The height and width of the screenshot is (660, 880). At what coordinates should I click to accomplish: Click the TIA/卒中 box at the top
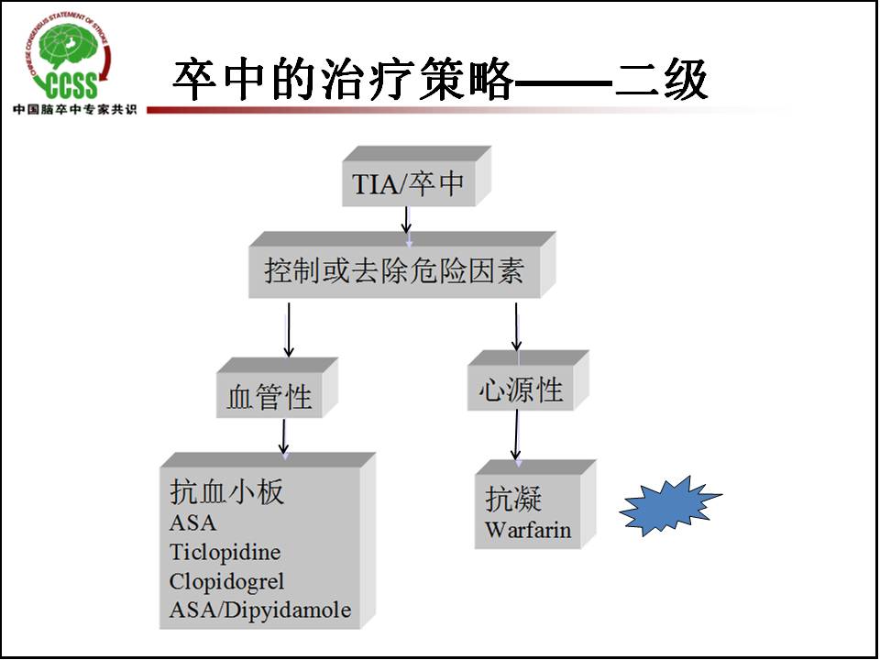409,183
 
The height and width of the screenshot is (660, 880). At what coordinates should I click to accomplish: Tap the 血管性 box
269,397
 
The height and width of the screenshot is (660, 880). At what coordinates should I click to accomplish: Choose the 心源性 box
520,390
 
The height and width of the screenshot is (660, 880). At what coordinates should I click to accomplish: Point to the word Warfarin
528,530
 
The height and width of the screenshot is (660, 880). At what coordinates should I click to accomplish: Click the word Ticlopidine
225,552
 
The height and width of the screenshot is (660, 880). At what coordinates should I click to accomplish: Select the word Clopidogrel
226,581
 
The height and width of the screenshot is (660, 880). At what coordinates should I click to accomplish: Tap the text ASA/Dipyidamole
260,610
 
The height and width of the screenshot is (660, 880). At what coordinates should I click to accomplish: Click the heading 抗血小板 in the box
227,492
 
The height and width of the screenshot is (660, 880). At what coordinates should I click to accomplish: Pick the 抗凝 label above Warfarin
513,499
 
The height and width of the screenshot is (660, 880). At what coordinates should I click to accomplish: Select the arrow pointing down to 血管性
289,330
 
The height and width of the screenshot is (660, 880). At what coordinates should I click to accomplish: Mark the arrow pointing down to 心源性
516,326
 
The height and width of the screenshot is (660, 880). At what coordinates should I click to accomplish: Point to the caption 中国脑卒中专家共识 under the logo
73,110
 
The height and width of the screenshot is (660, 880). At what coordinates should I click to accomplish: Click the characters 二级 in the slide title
661,81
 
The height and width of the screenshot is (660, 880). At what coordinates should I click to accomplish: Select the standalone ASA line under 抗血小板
192,522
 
